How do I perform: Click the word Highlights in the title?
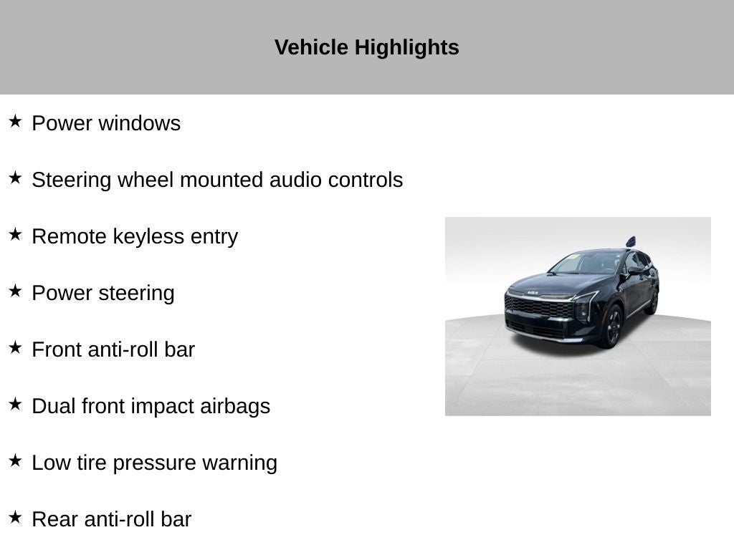406,48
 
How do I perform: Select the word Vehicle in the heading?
311,47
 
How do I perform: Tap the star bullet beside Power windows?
15,121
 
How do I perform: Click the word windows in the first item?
139,123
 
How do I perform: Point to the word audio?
295,180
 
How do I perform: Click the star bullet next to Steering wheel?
15,178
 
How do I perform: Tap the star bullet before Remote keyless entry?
15,234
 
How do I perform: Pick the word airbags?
235,407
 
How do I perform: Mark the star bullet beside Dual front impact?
15,404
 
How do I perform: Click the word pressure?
154,464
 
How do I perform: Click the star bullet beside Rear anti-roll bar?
15,517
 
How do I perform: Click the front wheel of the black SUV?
612,326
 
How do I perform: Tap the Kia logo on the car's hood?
533,293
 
